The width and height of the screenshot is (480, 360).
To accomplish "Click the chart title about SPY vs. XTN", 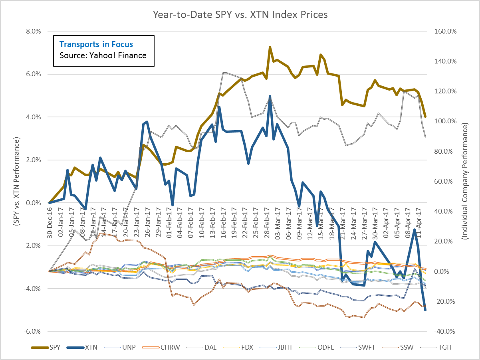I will [240, 15].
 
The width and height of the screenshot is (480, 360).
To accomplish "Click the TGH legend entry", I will [444, 347].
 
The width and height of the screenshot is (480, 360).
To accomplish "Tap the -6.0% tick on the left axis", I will [33, 331].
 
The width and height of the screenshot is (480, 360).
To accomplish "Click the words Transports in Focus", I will [96, 44].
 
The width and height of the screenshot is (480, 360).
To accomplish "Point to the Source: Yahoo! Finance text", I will [103, 55].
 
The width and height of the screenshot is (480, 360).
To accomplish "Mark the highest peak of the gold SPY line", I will [270, 47].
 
